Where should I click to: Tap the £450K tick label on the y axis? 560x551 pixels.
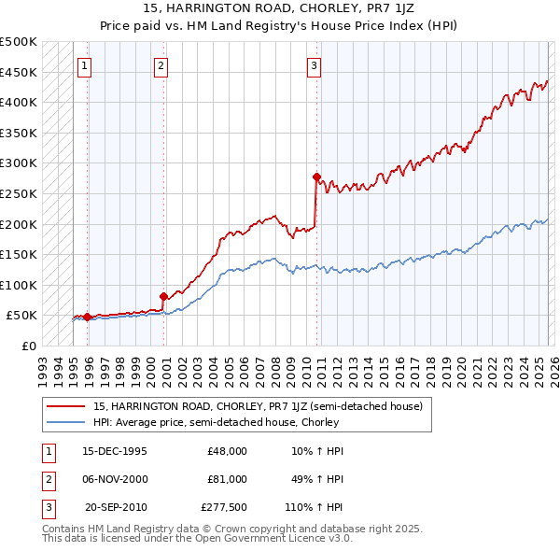[19, 72]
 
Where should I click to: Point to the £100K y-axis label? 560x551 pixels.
[19, 285]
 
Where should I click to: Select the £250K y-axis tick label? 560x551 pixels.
[19, 193]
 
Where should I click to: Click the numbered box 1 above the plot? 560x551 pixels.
[85, 65]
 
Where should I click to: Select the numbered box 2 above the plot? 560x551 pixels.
[161, 65]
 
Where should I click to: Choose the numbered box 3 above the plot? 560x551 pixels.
[315, 65]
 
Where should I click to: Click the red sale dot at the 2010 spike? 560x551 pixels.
[316, 177]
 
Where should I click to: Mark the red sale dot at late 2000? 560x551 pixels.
[163, 297]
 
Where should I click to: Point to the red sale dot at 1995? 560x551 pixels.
[87, 317]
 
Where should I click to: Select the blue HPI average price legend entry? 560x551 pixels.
[215, 422]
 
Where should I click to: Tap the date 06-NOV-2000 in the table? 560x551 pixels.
[115, 479]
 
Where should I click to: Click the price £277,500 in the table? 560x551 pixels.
[224, 507]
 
